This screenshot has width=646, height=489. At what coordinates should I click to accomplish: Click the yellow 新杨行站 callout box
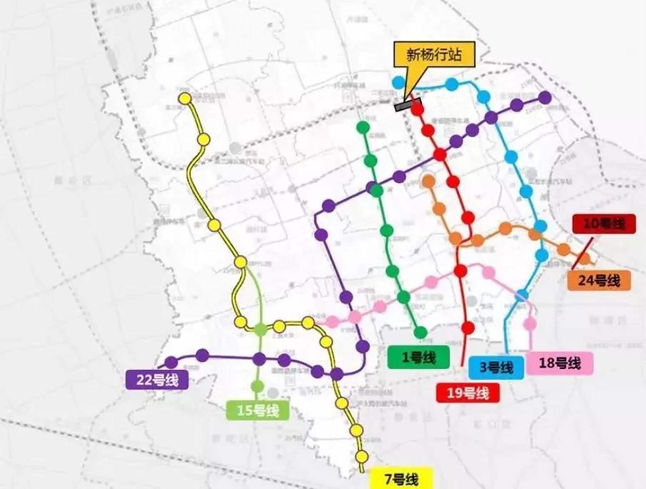(x=434, y=55)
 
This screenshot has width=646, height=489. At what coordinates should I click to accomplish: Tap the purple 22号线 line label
(x=157, y=380)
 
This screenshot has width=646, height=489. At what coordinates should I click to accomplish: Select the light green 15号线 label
(x=258, y=411)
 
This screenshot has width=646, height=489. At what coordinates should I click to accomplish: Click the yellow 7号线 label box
(x=402, y=479)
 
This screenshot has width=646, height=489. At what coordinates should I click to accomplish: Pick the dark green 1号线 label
(x=418, y=358)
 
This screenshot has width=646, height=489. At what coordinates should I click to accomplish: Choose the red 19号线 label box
(x=468, y=392)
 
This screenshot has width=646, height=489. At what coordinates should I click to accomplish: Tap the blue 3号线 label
(x=496, y=368)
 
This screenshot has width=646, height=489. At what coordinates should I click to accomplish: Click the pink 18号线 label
(x=560, y=363)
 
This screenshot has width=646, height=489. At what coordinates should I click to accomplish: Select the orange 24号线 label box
(x=599, y=281)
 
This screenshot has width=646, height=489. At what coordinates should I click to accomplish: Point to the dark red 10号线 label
(x=604, y=224)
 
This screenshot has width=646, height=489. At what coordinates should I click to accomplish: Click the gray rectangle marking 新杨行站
(x=407, y=104)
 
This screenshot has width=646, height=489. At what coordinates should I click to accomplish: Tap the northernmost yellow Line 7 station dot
(x=185, y=99)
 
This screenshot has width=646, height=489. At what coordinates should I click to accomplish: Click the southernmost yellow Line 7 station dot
(x=361, y=456)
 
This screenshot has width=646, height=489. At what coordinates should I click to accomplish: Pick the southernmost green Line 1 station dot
(x=421, y=332)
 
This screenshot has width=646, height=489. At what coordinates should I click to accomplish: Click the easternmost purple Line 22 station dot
(x=545, y=98)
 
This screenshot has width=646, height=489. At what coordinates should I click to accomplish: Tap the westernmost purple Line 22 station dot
(x=171, y=362)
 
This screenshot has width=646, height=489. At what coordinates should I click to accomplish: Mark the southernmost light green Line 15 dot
(x=258, y=386)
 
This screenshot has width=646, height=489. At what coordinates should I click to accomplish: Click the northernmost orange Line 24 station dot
(x=429, y=180)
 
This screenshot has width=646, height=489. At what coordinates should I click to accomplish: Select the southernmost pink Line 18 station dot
(x=530, y=324)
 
